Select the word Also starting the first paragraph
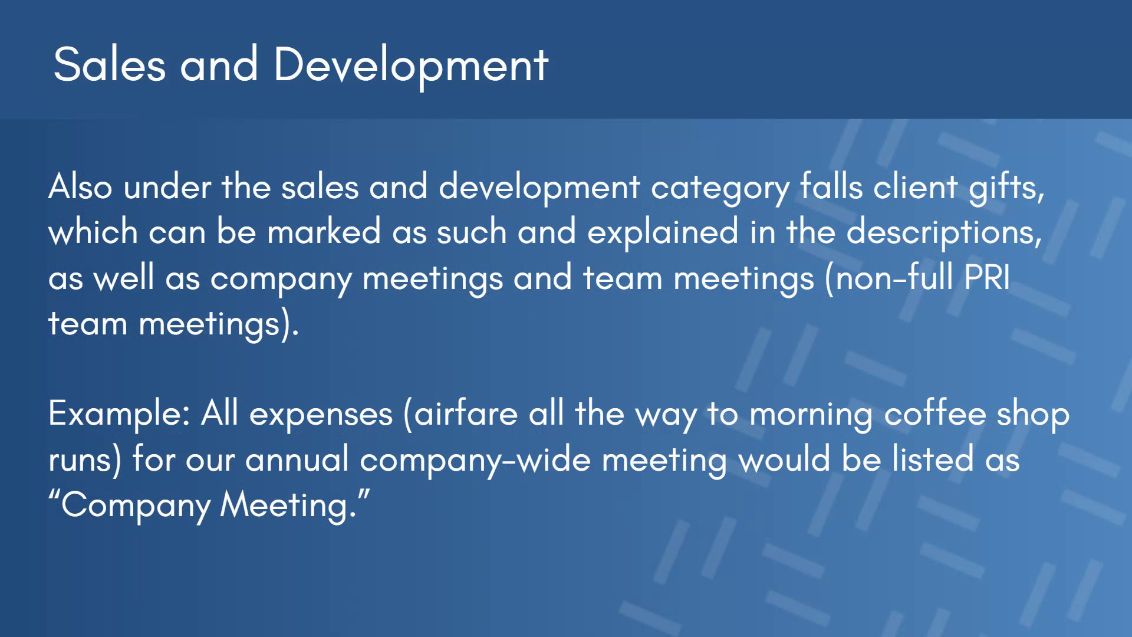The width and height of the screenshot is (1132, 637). [80, 187]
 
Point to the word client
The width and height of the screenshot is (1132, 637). [916, 187]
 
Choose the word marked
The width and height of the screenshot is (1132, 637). [324, 232]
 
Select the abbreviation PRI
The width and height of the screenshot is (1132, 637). [988, 278]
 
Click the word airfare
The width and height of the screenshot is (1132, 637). [466, 413]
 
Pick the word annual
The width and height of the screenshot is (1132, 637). [297, 459]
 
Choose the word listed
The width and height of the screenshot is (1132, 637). [933, 459]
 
